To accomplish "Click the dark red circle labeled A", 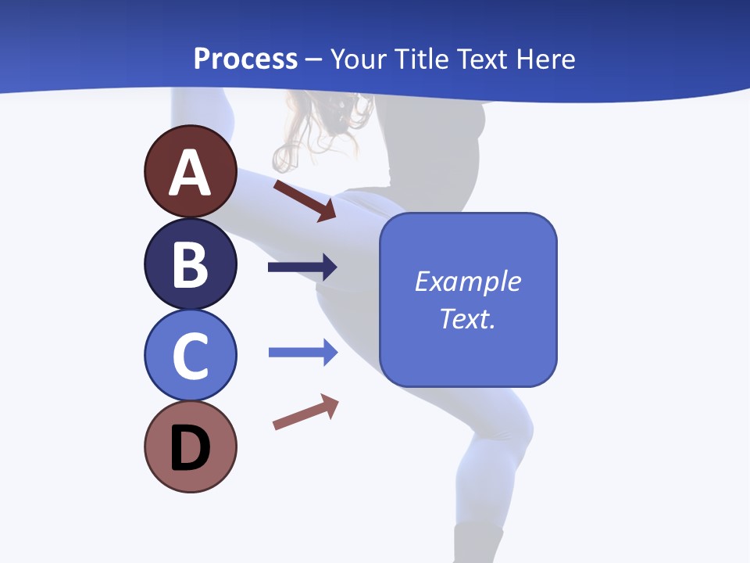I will click(190, 171).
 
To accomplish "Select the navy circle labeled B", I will click(190, 264).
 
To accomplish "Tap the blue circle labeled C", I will click(190, 355).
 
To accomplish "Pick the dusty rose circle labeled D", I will click(190, 446).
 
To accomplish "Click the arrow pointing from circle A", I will click(305, 200).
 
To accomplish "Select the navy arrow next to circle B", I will click(302, 267).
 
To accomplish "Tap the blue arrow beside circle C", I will click(302, 353).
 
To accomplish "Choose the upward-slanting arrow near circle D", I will click(305, 412).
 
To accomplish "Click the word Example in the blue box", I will click(467, 281).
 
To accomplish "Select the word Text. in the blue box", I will click(467, 318).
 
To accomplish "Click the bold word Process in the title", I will click(245, 59).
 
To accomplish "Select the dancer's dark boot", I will click(478, 543).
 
